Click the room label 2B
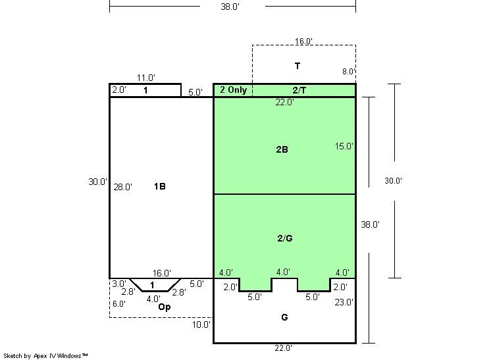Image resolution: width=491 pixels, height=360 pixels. [x=282, y=149]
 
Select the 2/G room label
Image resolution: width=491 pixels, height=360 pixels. [x=285, y=238]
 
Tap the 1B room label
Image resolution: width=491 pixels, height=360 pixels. [x=160, y=186]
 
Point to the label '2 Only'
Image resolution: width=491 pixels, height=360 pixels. [x=233, y=90]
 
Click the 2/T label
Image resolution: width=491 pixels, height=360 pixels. [x=299, y=90]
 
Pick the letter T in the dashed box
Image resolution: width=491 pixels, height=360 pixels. [x=297, y=66]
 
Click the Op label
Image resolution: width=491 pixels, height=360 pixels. [x=165, y=307]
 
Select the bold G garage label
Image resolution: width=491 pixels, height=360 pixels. [x=284, y=317]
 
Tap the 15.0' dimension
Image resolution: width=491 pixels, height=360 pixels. [x=344, y=146]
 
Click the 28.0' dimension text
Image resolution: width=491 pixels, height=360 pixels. [x=122, y=187]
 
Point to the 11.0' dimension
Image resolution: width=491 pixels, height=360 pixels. [x=146, y=78]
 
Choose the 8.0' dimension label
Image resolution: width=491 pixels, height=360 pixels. [x=349, y=71]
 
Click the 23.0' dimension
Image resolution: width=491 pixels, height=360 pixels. [x=344, y=302]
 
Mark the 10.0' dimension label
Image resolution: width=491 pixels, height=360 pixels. [x=201, y=324]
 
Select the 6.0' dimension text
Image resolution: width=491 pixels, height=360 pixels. [x=119, y=303]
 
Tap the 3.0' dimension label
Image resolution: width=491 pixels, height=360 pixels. [x=119, y=284]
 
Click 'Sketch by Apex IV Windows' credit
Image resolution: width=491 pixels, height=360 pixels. [x=45, y=356]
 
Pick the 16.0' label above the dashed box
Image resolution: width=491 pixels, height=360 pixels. [x=303, y=41]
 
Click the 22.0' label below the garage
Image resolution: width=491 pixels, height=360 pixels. [x=284, y=347]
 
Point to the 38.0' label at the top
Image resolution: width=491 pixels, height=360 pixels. [x=230, y=7]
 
